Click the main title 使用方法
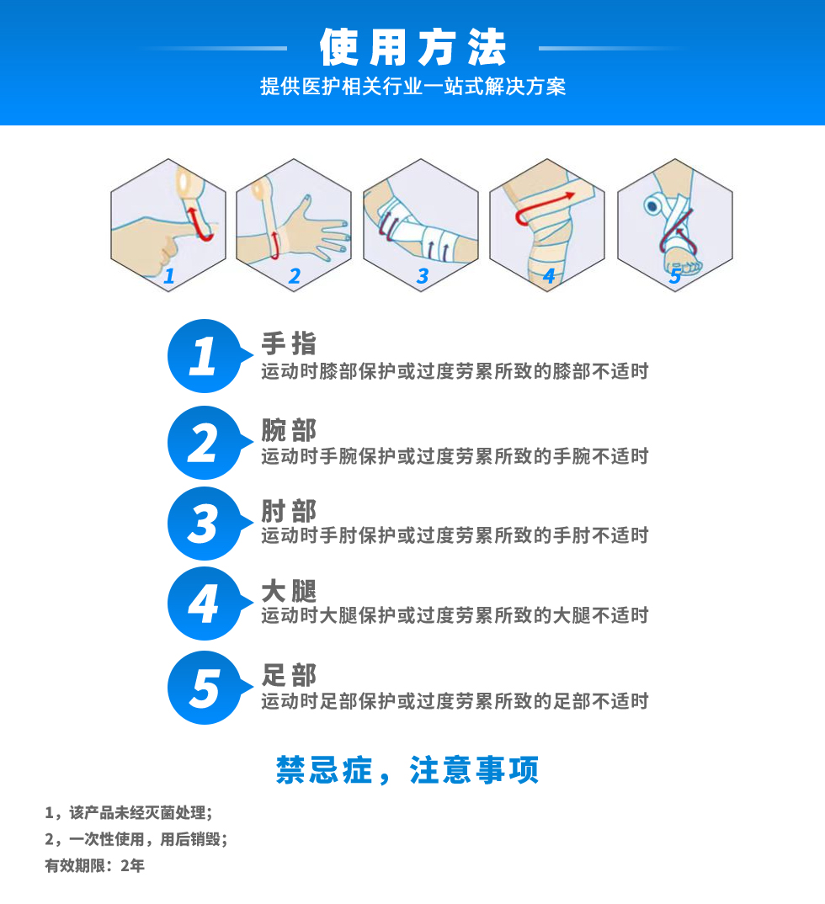click(412, 47)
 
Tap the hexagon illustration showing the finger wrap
click(168, 225)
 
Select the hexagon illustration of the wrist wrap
click(294, 225)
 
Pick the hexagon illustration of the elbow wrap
click(421, 225)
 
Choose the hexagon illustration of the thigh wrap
click(547, 225)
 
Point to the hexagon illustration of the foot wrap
click(674, 225)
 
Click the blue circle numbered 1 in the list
click(205, 356)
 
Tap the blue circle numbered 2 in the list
click(205, 443)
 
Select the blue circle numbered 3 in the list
click(205, 524)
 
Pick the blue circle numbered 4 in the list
click(205, 604)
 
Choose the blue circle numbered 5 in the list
click(205, 688)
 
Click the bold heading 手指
click(289, 343)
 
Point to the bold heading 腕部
click(289, 430)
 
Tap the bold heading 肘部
click(289, 511)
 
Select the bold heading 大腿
click(289, 592)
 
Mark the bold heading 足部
click(289, 675)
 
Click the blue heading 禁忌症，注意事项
click(407, 770)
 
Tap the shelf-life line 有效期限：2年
click(94, 865)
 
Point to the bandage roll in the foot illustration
click(654, 204)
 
